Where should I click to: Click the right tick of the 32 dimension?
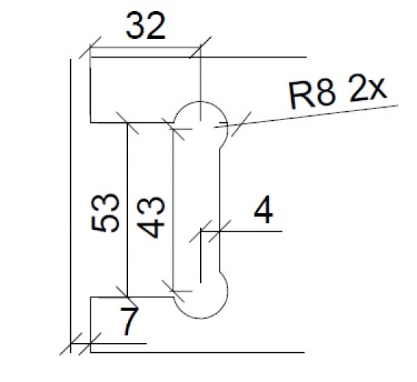coord(200,49)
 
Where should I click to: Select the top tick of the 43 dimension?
coord(173,126)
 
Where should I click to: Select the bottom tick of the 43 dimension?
coord(173,285)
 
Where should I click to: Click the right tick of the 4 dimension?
coord(220,229)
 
